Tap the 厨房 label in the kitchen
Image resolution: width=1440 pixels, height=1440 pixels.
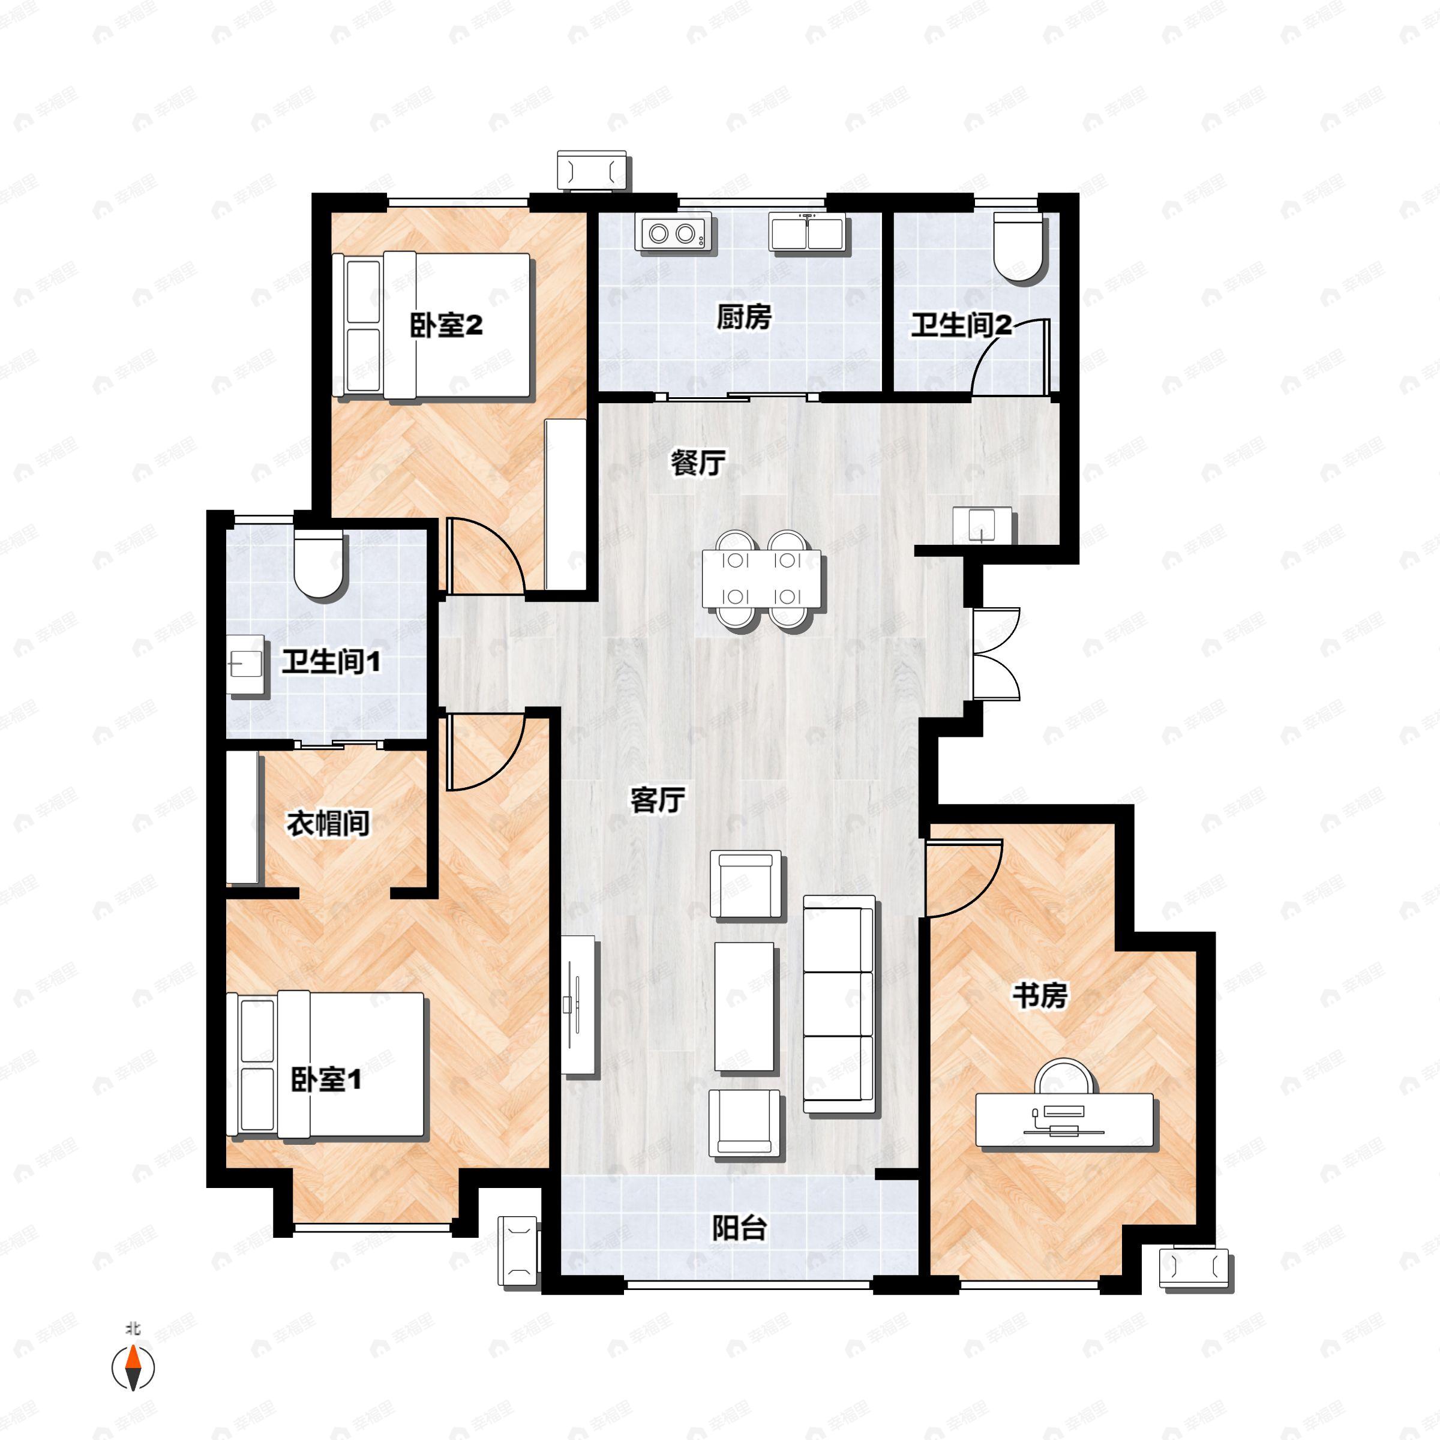pyautogui.click(x=743, y=317)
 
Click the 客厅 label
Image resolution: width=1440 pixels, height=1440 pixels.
pyautogui.click(x=658, y=800)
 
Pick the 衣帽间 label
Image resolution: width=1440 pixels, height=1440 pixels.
pyautogui.click(x=328, y=824)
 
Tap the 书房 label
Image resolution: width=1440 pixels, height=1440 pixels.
pyautogui.click(x=1039, y=995)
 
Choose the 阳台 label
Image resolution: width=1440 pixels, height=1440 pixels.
pyautogui.click(x=739, y=1228)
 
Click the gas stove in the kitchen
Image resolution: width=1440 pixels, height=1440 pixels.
pyautogui.click(x=674, y=233)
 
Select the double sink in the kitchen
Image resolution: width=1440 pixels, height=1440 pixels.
pyautogui.click(x=807, y=233)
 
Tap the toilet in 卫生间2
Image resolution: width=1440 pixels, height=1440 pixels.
pyautogui.click(x=1019, y=249)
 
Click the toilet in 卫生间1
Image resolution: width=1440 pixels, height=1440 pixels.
pyautogui.click(x=319, y=563)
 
